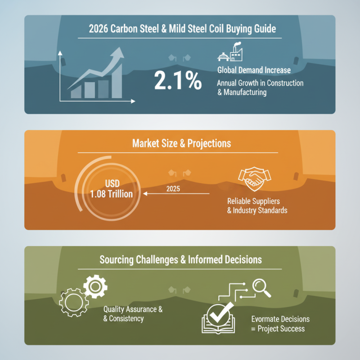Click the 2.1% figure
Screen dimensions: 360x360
177,81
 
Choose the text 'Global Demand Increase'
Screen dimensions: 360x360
253,70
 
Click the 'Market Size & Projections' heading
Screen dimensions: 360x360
181,143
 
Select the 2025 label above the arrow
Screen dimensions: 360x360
172,189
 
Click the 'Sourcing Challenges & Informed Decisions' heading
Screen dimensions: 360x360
181,260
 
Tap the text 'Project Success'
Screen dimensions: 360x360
281,328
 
